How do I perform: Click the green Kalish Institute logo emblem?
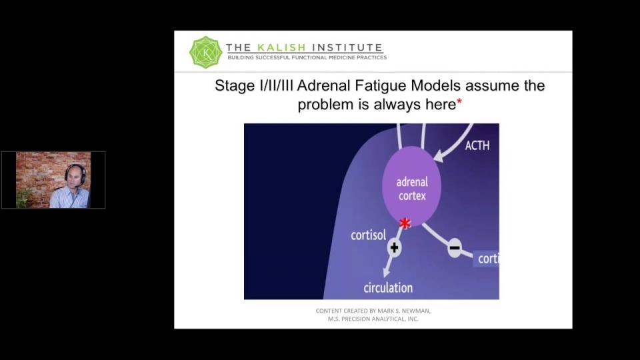tap(206, 52)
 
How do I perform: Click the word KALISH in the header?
tap(281, 48)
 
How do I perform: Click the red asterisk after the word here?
tap(459, 101)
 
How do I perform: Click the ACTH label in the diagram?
tap(477, 145)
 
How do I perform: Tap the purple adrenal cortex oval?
tap(411, 187)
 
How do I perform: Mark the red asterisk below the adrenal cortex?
tap(405, 223)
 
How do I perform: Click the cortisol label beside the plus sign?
tap(368, 235)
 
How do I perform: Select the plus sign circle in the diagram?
tap(394, 247)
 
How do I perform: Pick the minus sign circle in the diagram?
tap(455, 248)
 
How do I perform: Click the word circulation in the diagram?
tap(388, 288)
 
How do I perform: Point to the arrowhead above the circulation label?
tap(386, 272)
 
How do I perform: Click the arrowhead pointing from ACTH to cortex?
tap(439, 155)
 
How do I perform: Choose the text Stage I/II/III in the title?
tap(254, 86)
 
